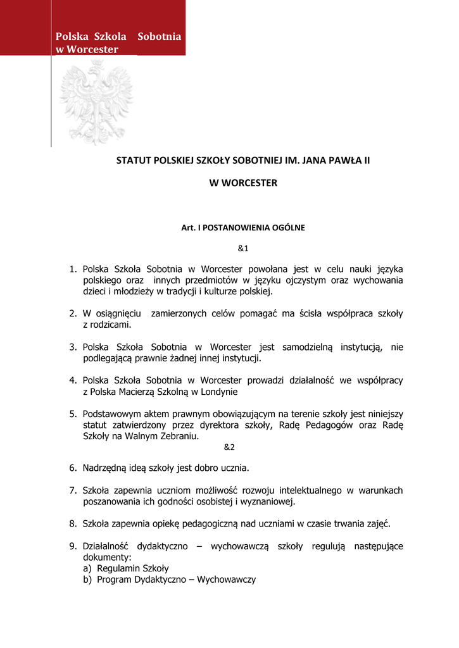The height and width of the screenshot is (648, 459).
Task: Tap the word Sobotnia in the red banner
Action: (x=159, y=37)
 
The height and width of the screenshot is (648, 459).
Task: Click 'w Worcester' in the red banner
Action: (x=87, y=49)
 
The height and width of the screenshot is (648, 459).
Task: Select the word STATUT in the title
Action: (x=131, y=161)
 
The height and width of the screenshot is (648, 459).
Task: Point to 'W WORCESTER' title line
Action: (x=243, y=183)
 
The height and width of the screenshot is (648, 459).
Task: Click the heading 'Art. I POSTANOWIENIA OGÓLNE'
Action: (x=243, y=227)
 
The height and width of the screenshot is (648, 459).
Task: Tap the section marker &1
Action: (x=243, y=247)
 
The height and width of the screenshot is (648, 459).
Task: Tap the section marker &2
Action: (x=229, y=447)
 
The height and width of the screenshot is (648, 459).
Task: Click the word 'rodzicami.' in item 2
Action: (x=111, y=325)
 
